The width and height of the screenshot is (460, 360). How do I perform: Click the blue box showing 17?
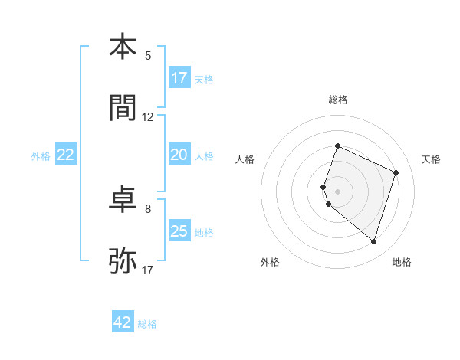click(x=179, y=78)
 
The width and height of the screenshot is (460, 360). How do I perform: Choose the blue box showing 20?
click(x=179, y=155)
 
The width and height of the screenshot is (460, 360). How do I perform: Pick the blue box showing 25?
click(x=179, y=231)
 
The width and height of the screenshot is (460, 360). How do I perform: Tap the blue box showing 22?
click(x=66, y=155)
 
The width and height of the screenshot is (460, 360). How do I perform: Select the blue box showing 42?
click(x=123, y=322)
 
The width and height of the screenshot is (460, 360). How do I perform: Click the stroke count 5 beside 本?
click(x=148, y=55)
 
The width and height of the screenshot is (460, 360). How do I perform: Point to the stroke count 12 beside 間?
click(x=148, y=117)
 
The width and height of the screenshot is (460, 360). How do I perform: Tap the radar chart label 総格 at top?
click(x=337, y=100)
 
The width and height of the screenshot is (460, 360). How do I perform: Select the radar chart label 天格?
click(x=431, y=159)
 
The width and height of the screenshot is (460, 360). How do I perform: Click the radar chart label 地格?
click(x=402, y=262)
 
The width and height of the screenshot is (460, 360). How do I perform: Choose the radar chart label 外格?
click(x=270, y=262)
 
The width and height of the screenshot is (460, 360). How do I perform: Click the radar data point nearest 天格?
click(x=396, y=172)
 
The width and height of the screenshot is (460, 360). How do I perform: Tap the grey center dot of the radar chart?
click(x=337, y=191)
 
